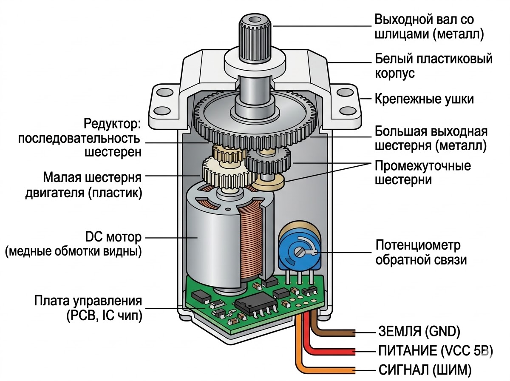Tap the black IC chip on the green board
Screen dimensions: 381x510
point(253,305)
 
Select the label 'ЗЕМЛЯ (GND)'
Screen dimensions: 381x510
point(419,331)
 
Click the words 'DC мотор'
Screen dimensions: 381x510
point(113,237)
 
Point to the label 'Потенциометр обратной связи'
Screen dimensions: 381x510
point(418,253)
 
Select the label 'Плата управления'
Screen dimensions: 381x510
point(88,301)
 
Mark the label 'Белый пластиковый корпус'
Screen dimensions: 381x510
point(433,65)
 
